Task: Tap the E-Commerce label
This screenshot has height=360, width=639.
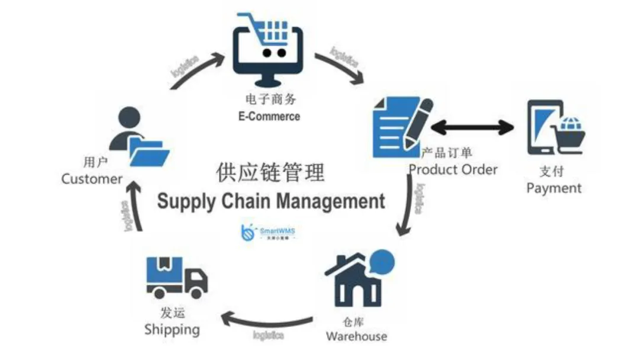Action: pos(266,116)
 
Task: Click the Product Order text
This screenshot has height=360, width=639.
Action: pos(454,169)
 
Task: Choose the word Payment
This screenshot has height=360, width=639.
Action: pos(554,189)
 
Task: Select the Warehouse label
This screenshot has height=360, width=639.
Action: pos(356,336)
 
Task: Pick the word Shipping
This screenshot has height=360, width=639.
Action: pos(172,329)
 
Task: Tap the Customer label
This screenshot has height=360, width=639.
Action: pos(92,179)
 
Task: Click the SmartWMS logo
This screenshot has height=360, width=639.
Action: pos(270,232)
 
